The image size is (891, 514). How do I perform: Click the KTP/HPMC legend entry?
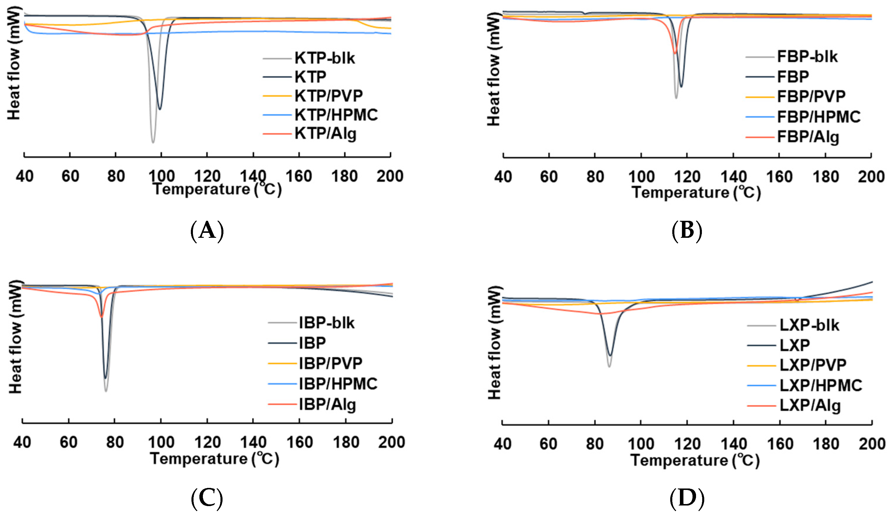[336, 115]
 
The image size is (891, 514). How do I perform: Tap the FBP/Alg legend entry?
[808, 137]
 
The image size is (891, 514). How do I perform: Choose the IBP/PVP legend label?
[330, 363]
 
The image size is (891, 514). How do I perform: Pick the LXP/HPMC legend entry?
[821, 385]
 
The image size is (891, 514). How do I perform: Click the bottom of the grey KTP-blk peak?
[153, 142]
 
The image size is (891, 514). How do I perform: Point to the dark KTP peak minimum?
[160, 109]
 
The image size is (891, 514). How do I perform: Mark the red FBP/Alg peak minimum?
[675, 53]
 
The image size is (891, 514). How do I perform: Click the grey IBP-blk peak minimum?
[106, 391]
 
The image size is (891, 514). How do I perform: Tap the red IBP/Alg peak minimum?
[102, 317]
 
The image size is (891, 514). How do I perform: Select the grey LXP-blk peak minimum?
[609, 367]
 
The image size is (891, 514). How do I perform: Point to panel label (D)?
[687, 498]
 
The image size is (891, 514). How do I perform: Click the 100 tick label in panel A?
[162, 176]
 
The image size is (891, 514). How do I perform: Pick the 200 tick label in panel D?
[872, 443]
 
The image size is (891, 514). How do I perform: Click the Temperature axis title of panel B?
[696, 193]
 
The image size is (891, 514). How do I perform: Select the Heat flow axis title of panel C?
[16, 337]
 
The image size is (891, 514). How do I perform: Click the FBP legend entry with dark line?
[793, 77]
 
